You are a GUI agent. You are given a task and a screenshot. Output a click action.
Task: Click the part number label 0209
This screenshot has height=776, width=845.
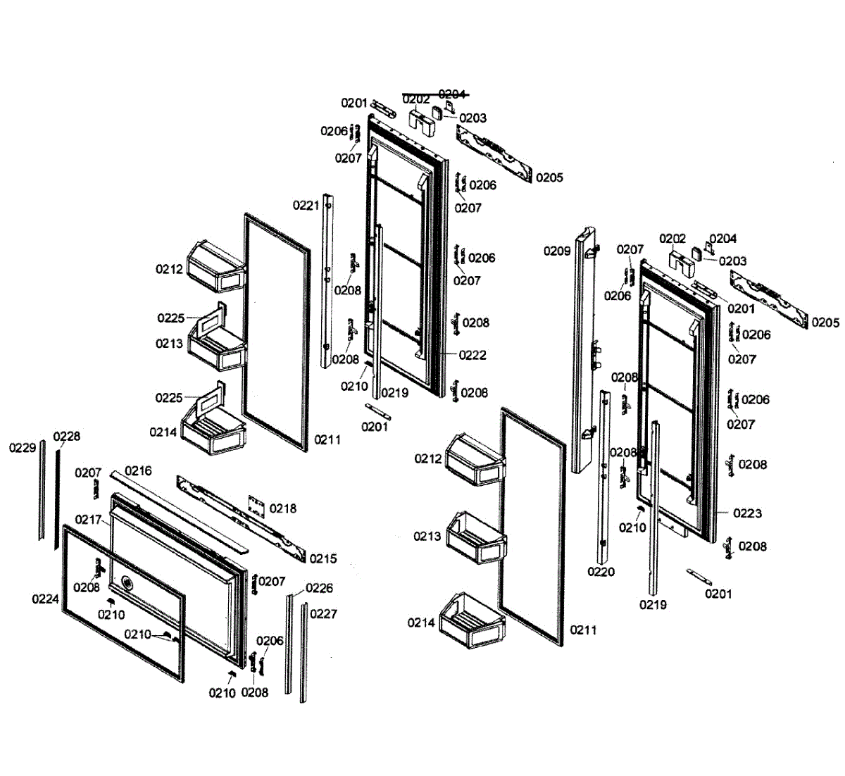coord(556,251)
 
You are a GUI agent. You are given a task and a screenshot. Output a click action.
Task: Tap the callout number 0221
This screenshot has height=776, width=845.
coord(306,206)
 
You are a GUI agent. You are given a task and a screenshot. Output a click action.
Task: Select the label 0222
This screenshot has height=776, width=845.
coord(472,356)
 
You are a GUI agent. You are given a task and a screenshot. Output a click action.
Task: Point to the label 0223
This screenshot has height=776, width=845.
coord(747,513)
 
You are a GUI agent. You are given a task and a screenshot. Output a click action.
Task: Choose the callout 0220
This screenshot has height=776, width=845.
coord(601,572)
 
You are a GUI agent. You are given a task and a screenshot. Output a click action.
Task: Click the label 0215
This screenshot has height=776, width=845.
coord(323,558)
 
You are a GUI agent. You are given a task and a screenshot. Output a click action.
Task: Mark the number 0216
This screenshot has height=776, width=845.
coord(138,470)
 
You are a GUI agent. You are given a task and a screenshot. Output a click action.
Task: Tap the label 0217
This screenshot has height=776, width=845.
coord(89,520)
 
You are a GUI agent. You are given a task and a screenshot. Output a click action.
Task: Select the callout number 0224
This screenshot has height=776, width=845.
coord(45,599)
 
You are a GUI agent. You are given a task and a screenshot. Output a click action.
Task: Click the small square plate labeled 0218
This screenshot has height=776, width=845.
coord(256,505)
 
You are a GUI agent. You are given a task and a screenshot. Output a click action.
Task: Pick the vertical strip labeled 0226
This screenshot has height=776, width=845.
coord(289,644)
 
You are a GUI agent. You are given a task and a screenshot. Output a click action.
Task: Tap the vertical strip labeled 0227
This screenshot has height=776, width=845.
coord(303,651)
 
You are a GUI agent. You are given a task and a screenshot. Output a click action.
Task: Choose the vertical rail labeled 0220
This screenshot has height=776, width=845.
coord(603,479)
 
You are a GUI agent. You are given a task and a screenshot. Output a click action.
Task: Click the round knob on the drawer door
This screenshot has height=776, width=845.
coord(127,582)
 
